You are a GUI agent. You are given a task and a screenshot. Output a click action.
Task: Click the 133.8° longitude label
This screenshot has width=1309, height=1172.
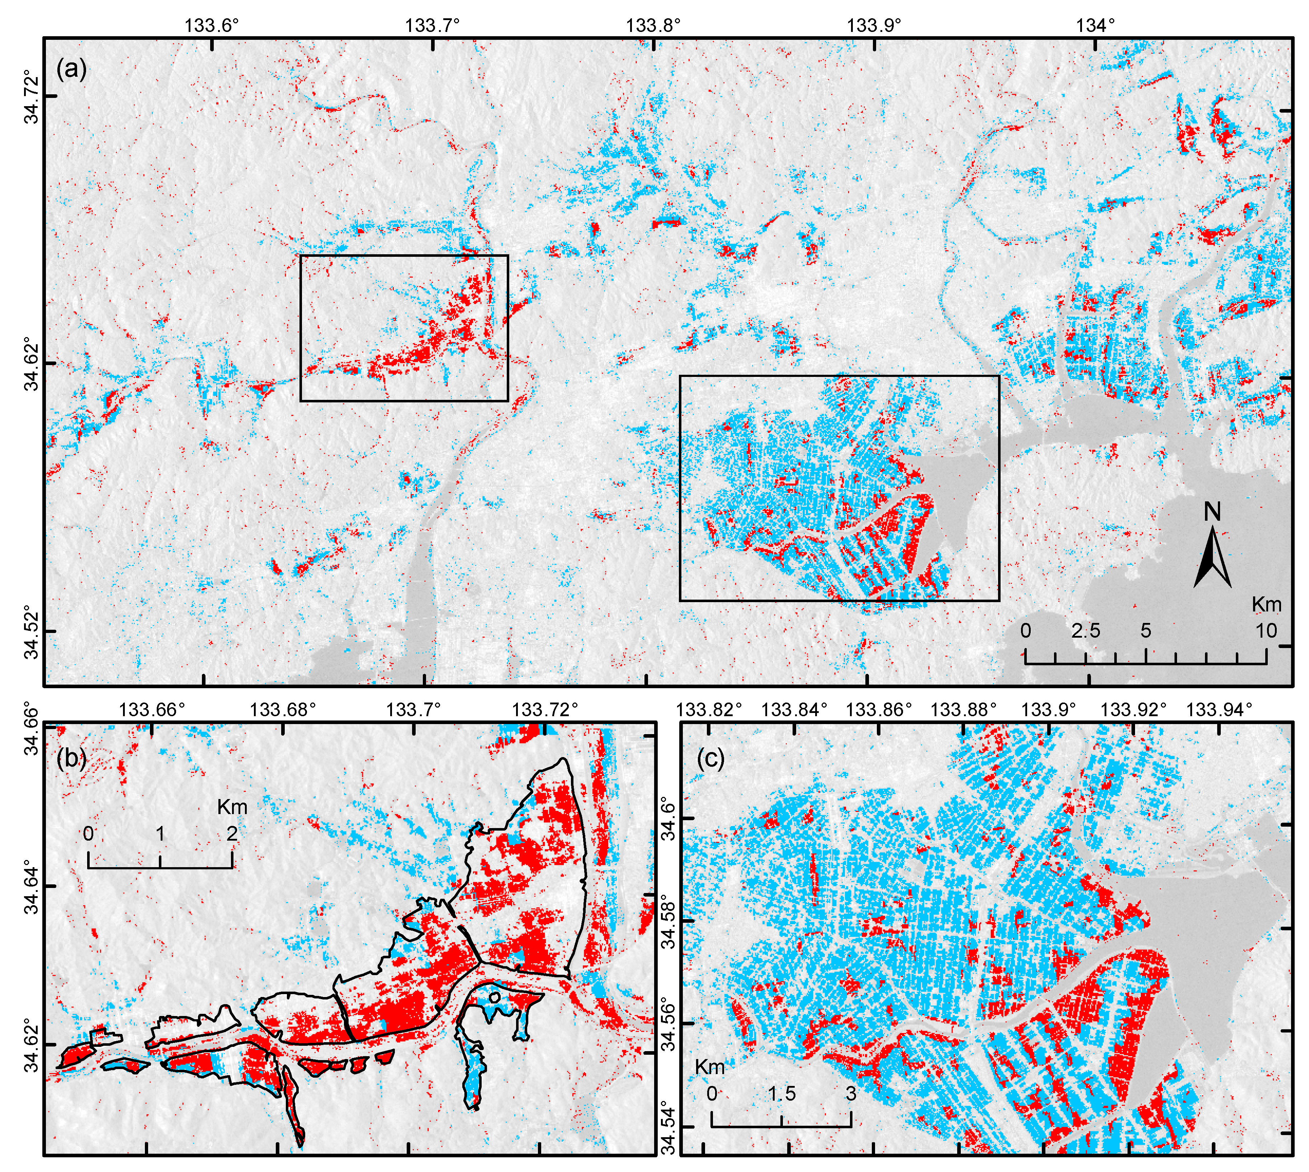(653, 24)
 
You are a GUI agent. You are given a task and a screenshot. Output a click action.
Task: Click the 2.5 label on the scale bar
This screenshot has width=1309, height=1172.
(1086, 630)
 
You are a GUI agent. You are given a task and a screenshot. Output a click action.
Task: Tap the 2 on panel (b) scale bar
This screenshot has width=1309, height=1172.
(232, 834)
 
